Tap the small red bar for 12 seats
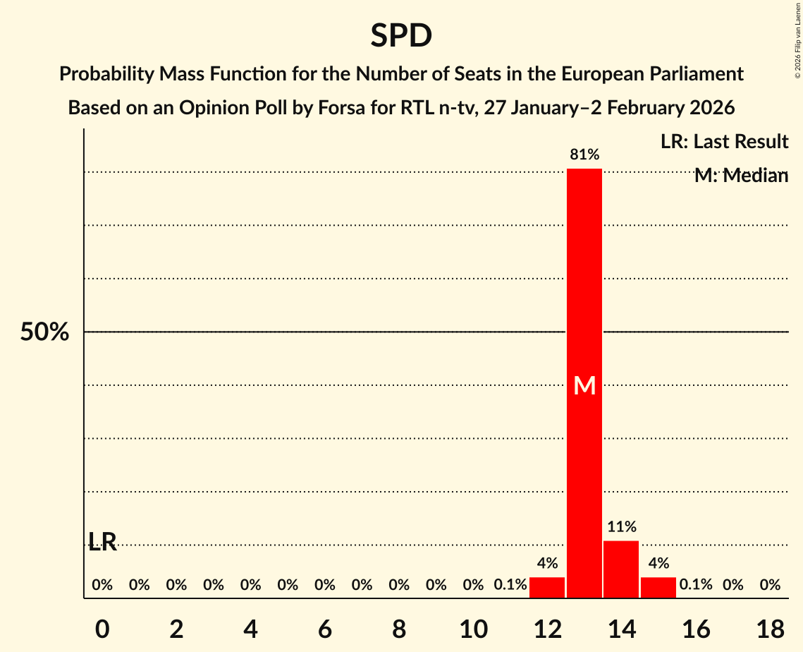click(x=547, y=587)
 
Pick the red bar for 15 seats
click(x=658, y=587)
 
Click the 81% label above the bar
click(x=584, y=155)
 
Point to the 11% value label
click(x=622, y=526)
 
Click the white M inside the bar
click(x=584, y=385)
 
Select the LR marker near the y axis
click(x=103, y=542)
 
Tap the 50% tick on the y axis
click(x=44, y=332)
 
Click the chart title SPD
click(x=401, y=35)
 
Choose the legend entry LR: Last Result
click(x=724, y=142)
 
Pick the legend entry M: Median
click(x=741, y=176)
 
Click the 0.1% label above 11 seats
click(x=510, y=585)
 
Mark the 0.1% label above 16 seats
click(x=696, y=585)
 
